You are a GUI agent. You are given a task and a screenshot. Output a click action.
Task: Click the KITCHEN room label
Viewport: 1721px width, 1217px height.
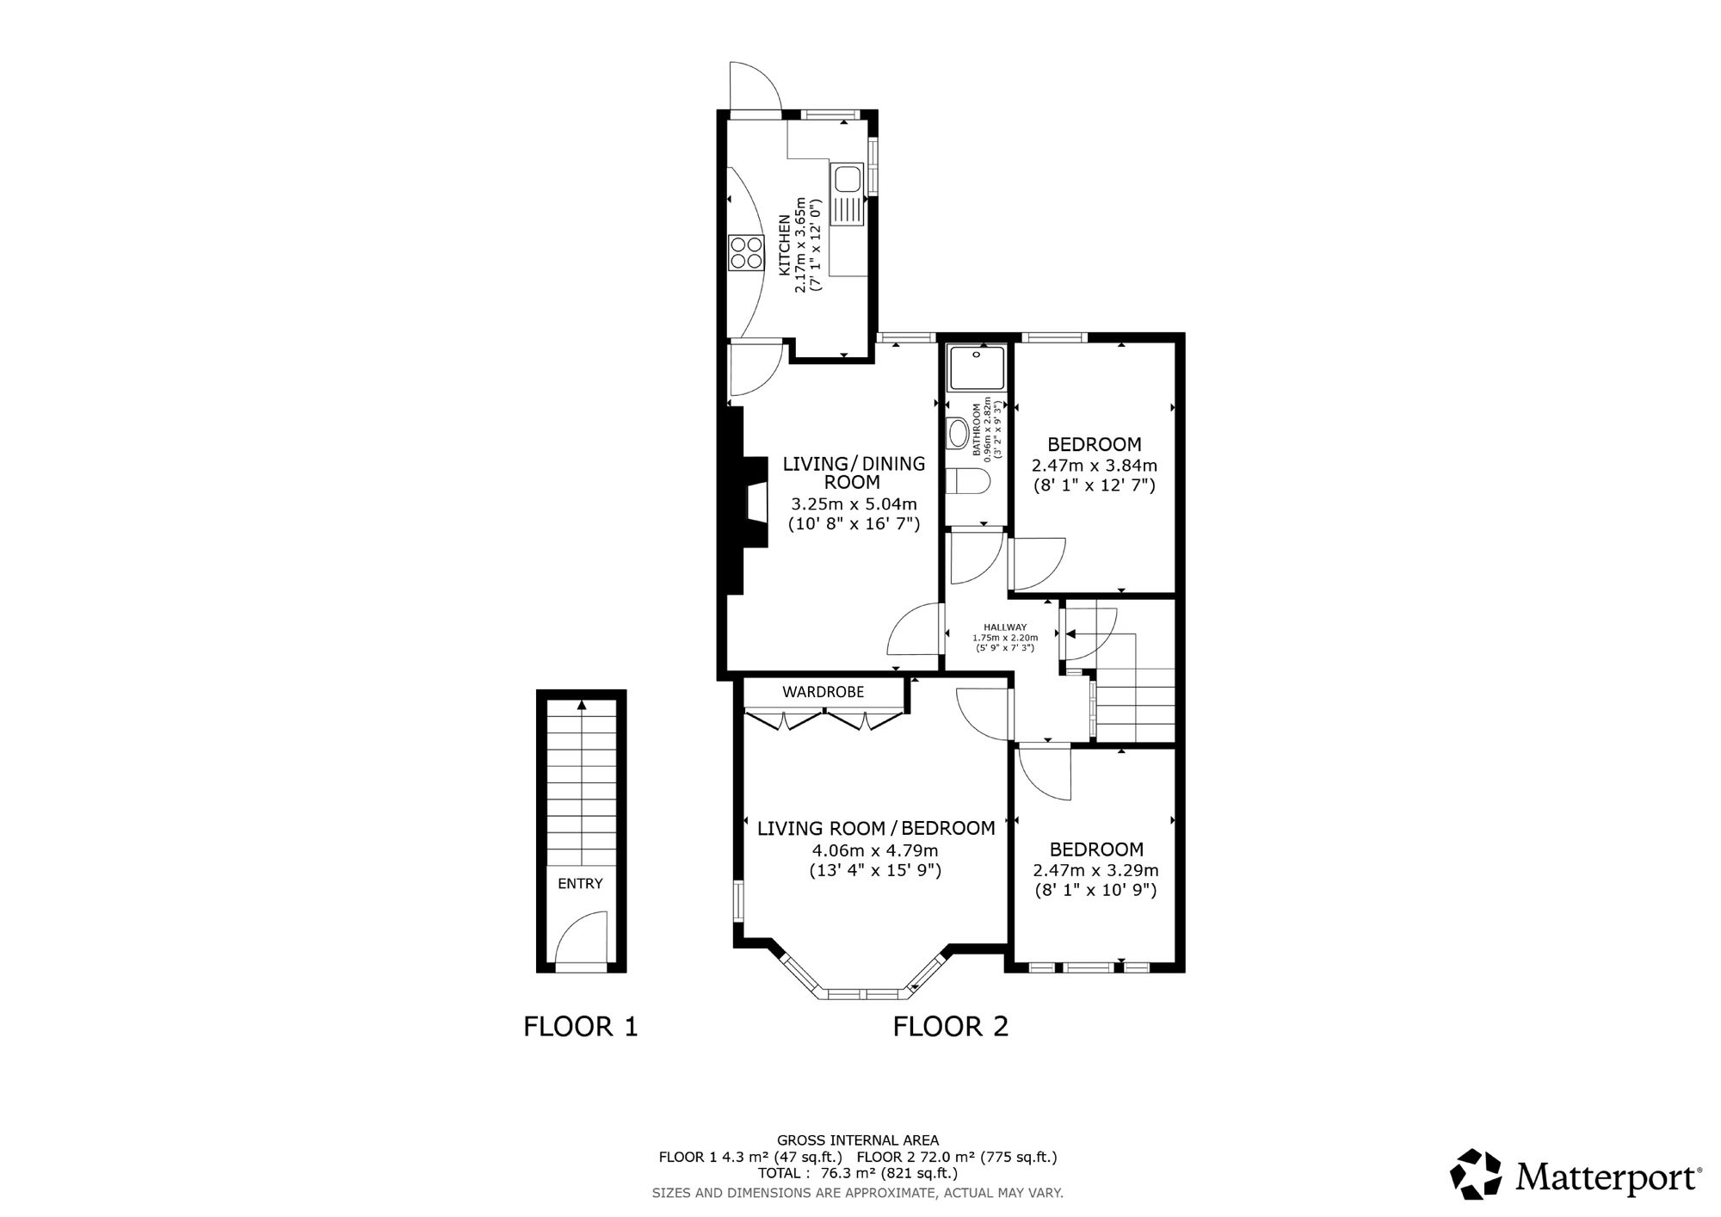786,245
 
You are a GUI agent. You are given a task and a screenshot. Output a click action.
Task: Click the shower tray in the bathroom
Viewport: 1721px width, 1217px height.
977,367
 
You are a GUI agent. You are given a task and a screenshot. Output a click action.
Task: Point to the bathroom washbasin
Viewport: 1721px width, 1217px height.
957,432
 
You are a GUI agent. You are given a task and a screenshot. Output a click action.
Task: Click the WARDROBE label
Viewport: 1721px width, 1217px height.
823,692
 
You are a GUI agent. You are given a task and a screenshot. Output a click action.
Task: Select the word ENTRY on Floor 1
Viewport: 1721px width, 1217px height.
581,884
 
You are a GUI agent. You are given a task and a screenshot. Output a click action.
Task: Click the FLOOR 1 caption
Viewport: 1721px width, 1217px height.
581,1026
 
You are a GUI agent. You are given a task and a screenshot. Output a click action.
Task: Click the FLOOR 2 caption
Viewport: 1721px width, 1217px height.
951,1026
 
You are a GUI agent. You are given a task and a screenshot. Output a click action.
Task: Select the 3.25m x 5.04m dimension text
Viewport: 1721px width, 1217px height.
854,503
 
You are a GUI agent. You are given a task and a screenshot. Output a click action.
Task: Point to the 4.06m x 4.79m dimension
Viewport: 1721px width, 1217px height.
875,850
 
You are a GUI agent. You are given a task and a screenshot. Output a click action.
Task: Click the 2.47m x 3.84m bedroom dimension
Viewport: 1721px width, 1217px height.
1095,466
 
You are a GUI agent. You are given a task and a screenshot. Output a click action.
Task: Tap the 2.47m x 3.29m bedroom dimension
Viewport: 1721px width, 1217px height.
1095,870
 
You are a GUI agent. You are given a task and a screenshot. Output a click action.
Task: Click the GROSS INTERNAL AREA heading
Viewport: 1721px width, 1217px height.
858,1141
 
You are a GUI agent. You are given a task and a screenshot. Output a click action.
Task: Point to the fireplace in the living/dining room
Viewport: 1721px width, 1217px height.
745,502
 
